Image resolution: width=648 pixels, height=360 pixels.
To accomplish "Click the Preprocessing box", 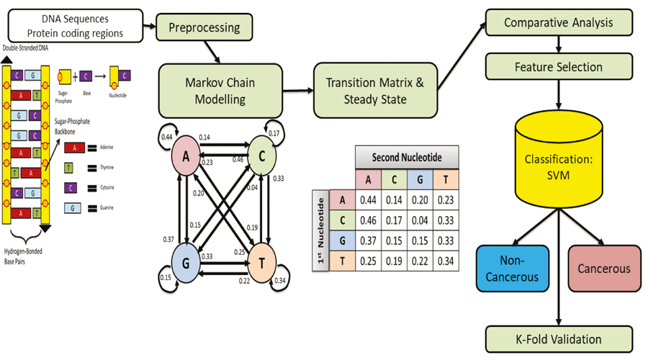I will tap(204, 28).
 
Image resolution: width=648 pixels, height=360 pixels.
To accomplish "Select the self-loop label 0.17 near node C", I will tap(274, 133).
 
